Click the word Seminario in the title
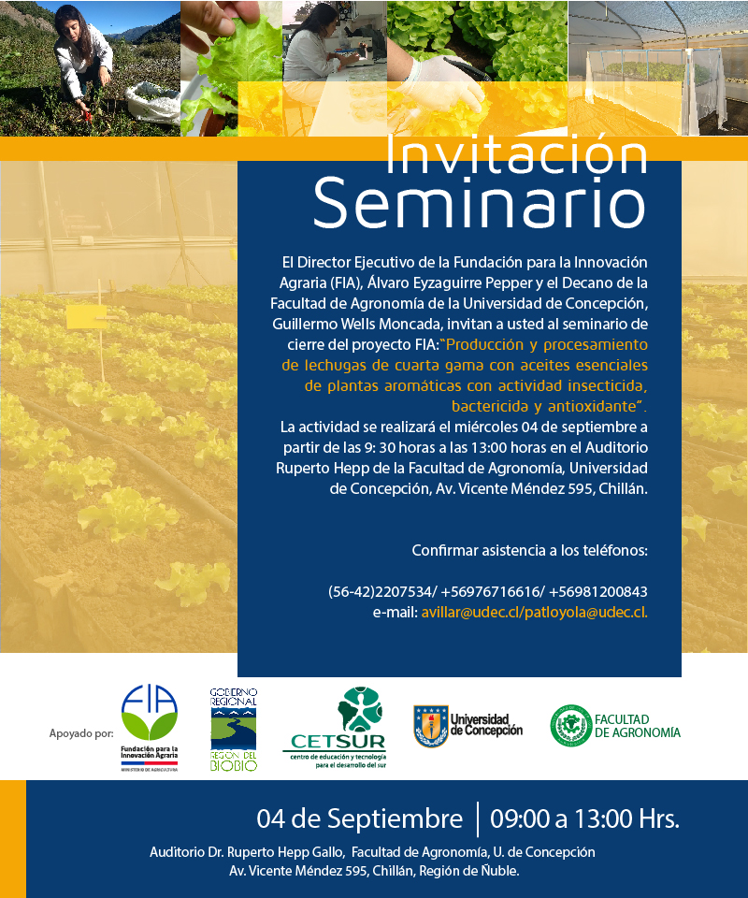pos(479,203)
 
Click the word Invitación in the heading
pos(516,154)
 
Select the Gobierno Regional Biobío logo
pos(234,729)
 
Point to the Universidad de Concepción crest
pos(431,726)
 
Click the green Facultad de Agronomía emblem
pos(570,725)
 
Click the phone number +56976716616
pos(490,591)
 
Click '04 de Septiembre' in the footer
pos(359,818)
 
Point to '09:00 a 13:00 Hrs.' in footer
pos(585,818)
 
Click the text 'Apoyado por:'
pos(81,733)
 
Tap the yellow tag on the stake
pos(86,317)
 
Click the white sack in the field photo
pos(152,103)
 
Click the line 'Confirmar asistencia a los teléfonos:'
pos(529,550)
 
